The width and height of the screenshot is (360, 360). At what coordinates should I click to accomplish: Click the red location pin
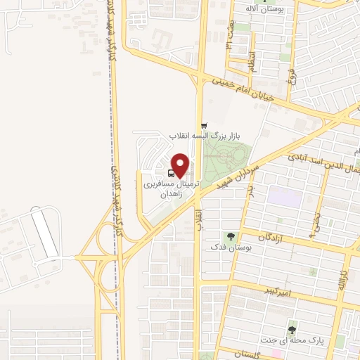(x=180, y=165)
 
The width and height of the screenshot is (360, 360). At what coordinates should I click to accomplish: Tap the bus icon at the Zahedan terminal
(x=172, y=174)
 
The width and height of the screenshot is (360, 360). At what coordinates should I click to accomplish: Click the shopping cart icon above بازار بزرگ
(x=204, y=125)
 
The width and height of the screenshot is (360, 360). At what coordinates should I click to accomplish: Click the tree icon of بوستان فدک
(x=229, y=236)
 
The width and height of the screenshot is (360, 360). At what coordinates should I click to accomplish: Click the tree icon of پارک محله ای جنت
(x=291, y=329)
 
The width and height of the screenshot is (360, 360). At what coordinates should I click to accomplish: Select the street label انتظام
(x=251, y=64)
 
